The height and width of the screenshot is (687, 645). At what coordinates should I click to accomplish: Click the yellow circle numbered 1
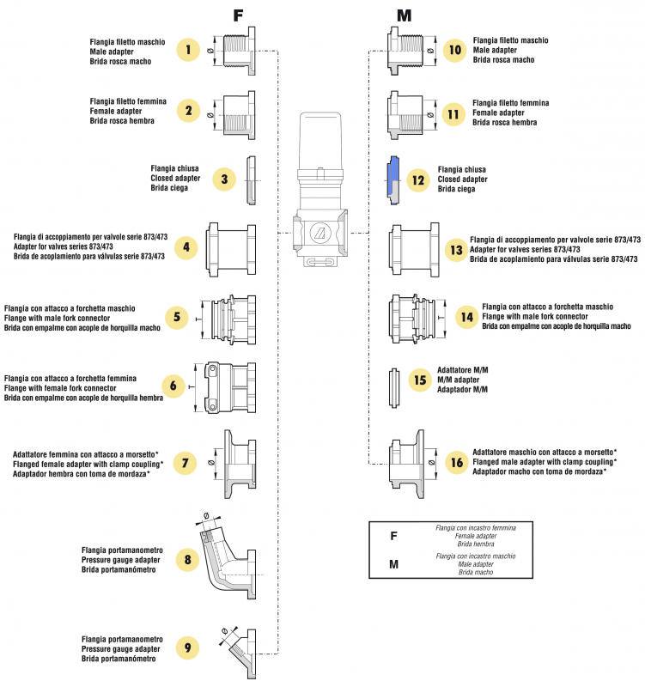click(188, 50)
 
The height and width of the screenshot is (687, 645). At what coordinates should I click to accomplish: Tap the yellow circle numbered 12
click(418, 180)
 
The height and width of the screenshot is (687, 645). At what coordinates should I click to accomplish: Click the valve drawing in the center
click(319, 193)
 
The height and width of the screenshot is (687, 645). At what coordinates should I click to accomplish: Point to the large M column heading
click(404, 15)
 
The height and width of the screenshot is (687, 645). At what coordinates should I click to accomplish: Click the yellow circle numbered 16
click(455, 462)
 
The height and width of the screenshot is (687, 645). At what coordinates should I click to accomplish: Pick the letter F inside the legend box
click(393, 536)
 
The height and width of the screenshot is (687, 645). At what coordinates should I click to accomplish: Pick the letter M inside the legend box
click(393, 564)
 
